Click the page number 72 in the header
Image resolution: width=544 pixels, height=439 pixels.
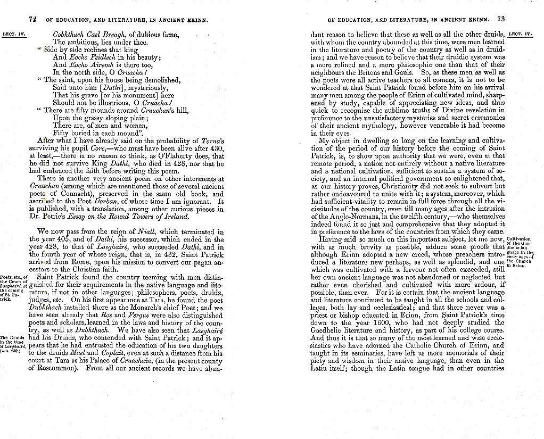pos(32,19)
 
